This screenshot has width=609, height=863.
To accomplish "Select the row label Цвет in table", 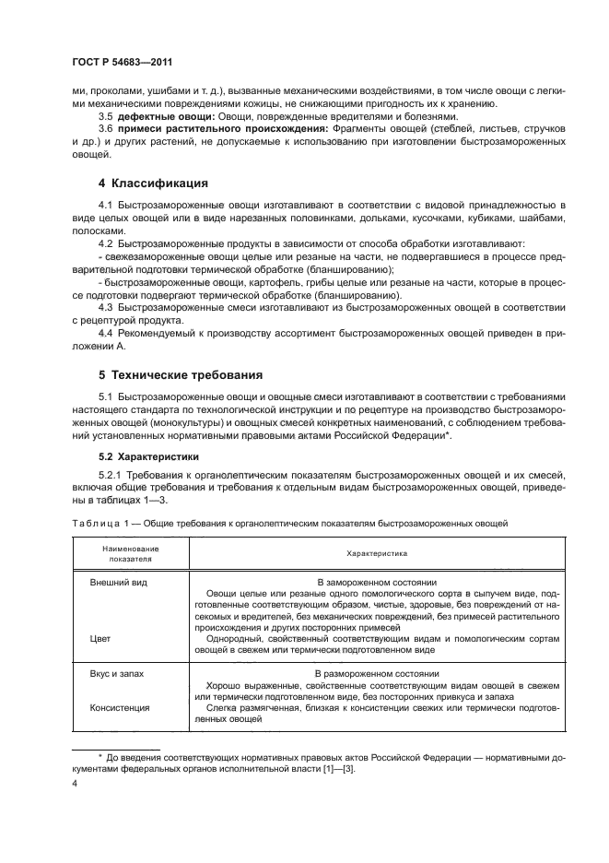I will pyautogui.click(x=100, y=636).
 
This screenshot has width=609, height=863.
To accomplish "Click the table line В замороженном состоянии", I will pyautogui.click(x=377, y=584).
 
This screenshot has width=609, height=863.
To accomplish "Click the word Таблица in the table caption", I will pyautogui.click(x=94, y=523).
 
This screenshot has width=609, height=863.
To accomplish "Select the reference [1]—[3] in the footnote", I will pyautogui.click(x=333, y=769).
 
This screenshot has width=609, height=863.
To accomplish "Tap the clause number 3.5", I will pyautogui.click(x=105, y=117).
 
